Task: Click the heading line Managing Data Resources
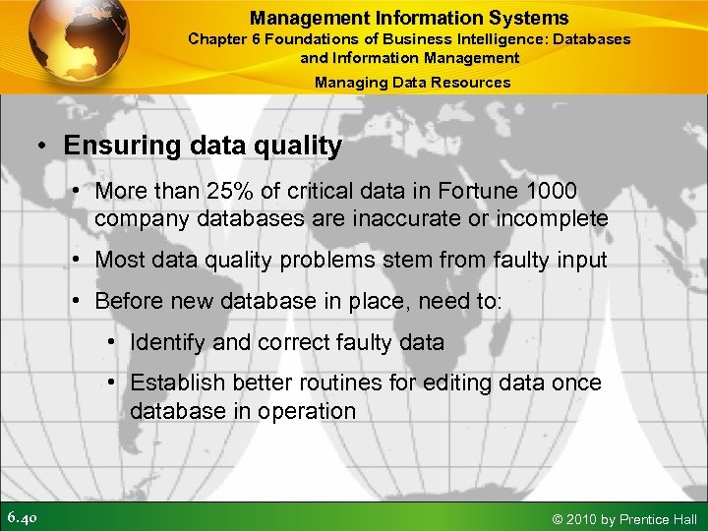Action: [x=412, y=83]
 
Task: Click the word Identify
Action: [x=167, y=343]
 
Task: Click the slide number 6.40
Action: [x=23, y=517]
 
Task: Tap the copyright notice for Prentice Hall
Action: [x=625, y=518]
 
